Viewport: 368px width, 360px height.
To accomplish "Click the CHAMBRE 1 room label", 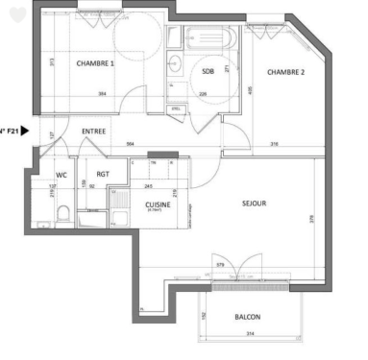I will click(x=95, y=63).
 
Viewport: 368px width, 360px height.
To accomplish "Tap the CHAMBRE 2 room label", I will click(x=285, y=72).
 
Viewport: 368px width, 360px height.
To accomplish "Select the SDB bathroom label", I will click(x=208, y=72).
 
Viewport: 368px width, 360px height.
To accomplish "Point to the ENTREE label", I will click(x=93, y=131).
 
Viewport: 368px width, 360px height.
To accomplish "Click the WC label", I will click(x=61, y=175).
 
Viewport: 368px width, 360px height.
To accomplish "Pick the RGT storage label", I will click(x=103, y=175).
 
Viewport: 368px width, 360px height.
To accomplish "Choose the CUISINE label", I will click(x=159, y=204).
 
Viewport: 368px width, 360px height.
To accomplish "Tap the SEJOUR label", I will click(x=254, y=203).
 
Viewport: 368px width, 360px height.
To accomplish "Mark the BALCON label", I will click(x=247, y=317).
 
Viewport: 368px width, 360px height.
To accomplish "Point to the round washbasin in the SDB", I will click(x=175, y=65).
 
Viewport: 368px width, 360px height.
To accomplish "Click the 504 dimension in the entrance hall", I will click(x=132, y=144).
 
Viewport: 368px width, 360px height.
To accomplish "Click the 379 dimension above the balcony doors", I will click(x=220, y=265).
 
